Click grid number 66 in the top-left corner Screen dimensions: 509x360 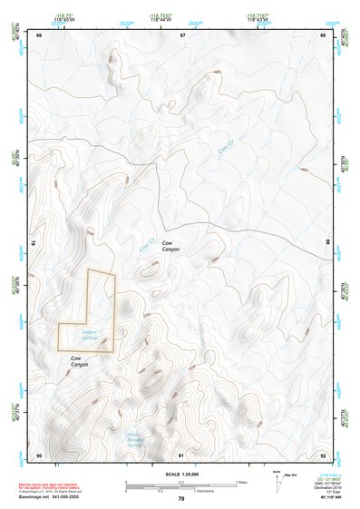(x=39, y=34)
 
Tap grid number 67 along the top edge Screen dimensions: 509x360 (x=182, y=34)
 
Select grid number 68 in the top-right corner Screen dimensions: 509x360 (x=323, y=34)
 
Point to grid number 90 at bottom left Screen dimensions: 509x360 (x=39, y=454)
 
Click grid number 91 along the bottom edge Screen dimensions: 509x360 (x=181, y=454)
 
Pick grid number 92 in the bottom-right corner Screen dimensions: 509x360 (x=323, y=454)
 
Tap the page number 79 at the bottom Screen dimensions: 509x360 (x=181, y=500)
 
